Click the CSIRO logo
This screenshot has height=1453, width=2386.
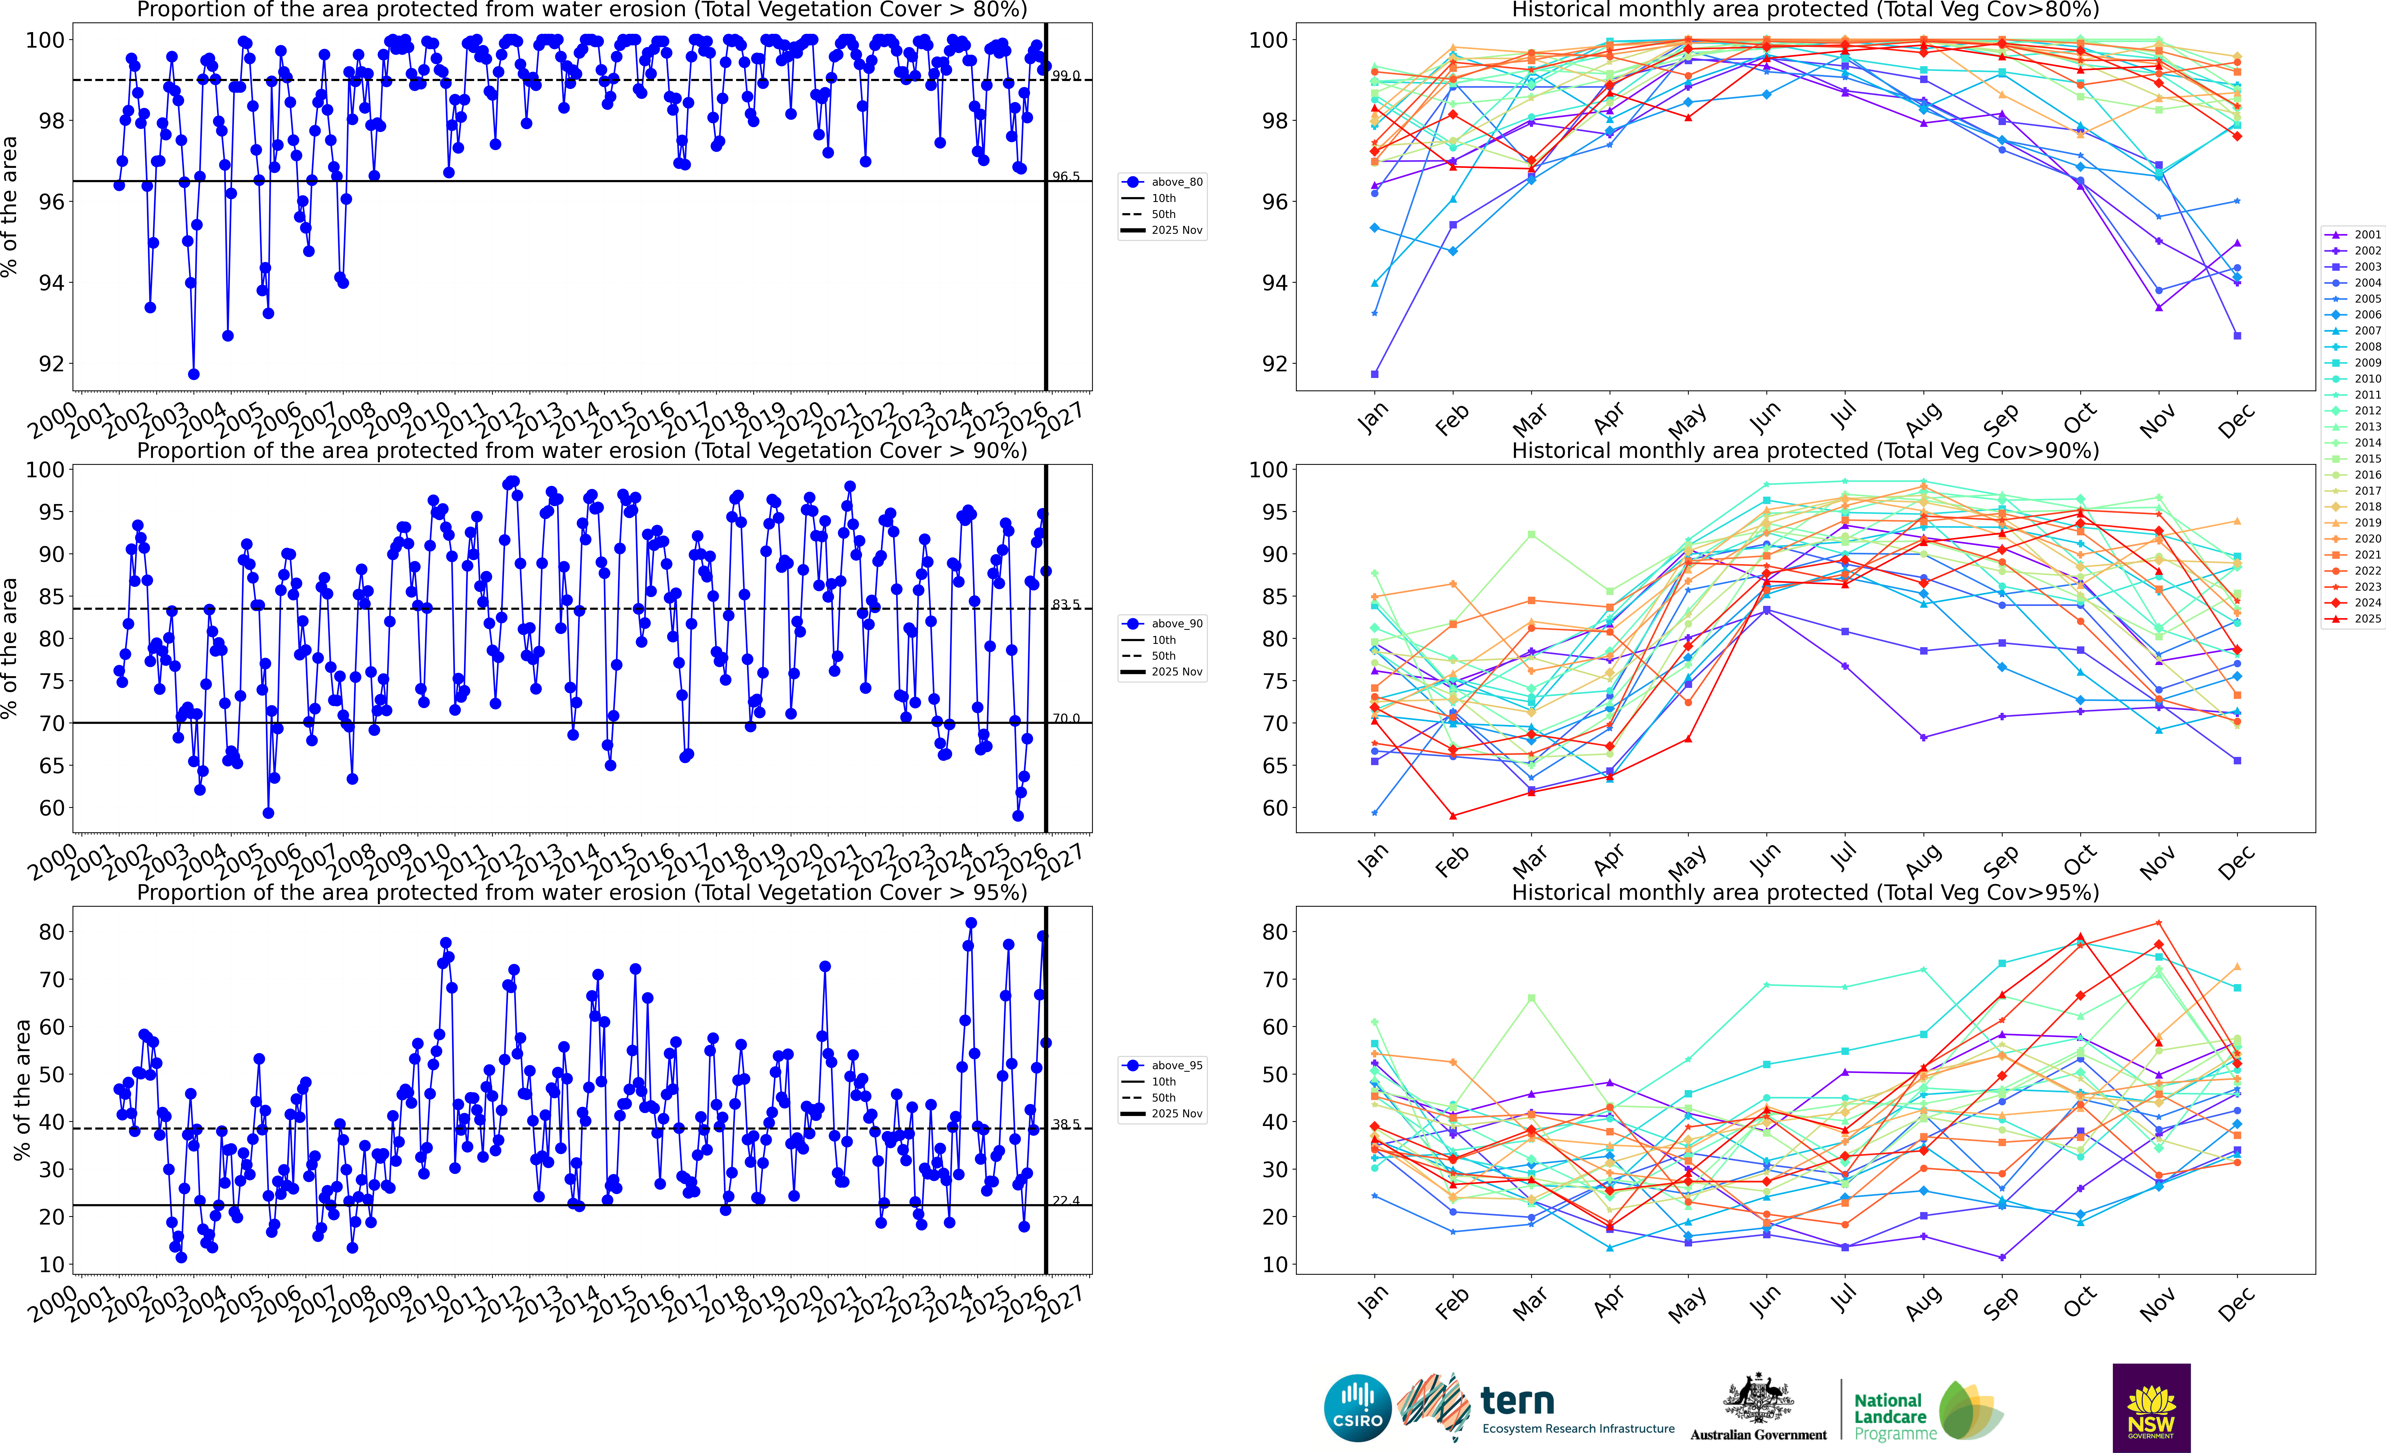click(1358, 1407)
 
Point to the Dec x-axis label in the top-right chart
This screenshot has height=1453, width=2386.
click(2236, 420)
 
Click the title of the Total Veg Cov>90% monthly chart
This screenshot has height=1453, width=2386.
click(1805, 451)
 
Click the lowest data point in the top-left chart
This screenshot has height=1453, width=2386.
click(194, 374)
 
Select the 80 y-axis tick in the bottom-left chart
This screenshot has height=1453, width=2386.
click(51, 932)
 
